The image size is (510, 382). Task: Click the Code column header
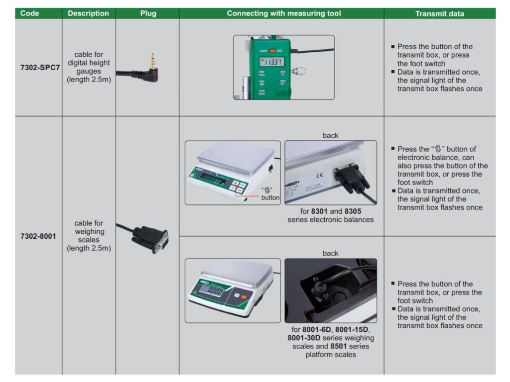click(30, 13)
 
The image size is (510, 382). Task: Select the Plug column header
click(148, 13)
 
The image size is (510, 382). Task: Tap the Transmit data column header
click(439, 13)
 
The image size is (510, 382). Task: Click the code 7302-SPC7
click(40, 67)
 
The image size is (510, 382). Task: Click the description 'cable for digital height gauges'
click(89, 67)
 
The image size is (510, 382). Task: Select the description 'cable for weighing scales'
click(89, 236)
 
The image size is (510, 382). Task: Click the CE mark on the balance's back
click(320, 175)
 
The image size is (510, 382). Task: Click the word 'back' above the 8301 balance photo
click(330, 135)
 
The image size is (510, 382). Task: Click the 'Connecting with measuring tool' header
click(284, 13)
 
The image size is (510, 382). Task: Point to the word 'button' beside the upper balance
click(270, 197)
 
